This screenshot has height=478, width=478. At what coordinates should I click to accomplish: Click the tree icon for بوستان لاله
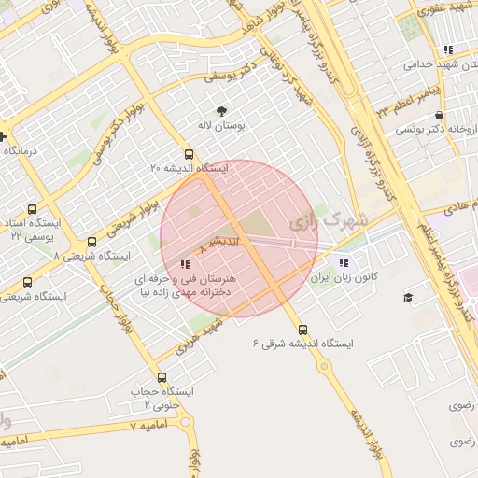tap(221, 109)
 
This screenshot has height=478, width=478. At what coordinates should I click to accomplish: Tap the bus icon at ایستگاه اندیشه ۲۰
tap(190, 154)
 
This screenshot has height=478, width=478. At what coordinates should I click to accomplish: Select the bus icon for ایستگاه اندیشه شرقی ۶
tap(302, 329)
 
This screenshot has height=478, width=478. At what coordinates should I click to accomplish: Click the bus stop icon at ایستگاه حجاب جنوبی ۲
tap(162, 377)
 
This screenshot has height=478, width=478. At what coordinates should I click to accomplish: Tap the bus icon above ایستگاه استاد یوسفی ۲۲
tap(33, 209)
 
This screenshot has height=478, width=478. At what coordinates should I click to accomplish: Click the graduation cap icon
tap(408, 297)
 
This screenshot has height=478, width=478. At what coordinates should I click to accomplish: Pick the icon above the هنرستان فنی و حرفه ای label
tap(184, 264)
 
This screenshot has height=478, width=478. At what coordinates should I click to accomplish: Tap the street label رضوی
tap(462, 406)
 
